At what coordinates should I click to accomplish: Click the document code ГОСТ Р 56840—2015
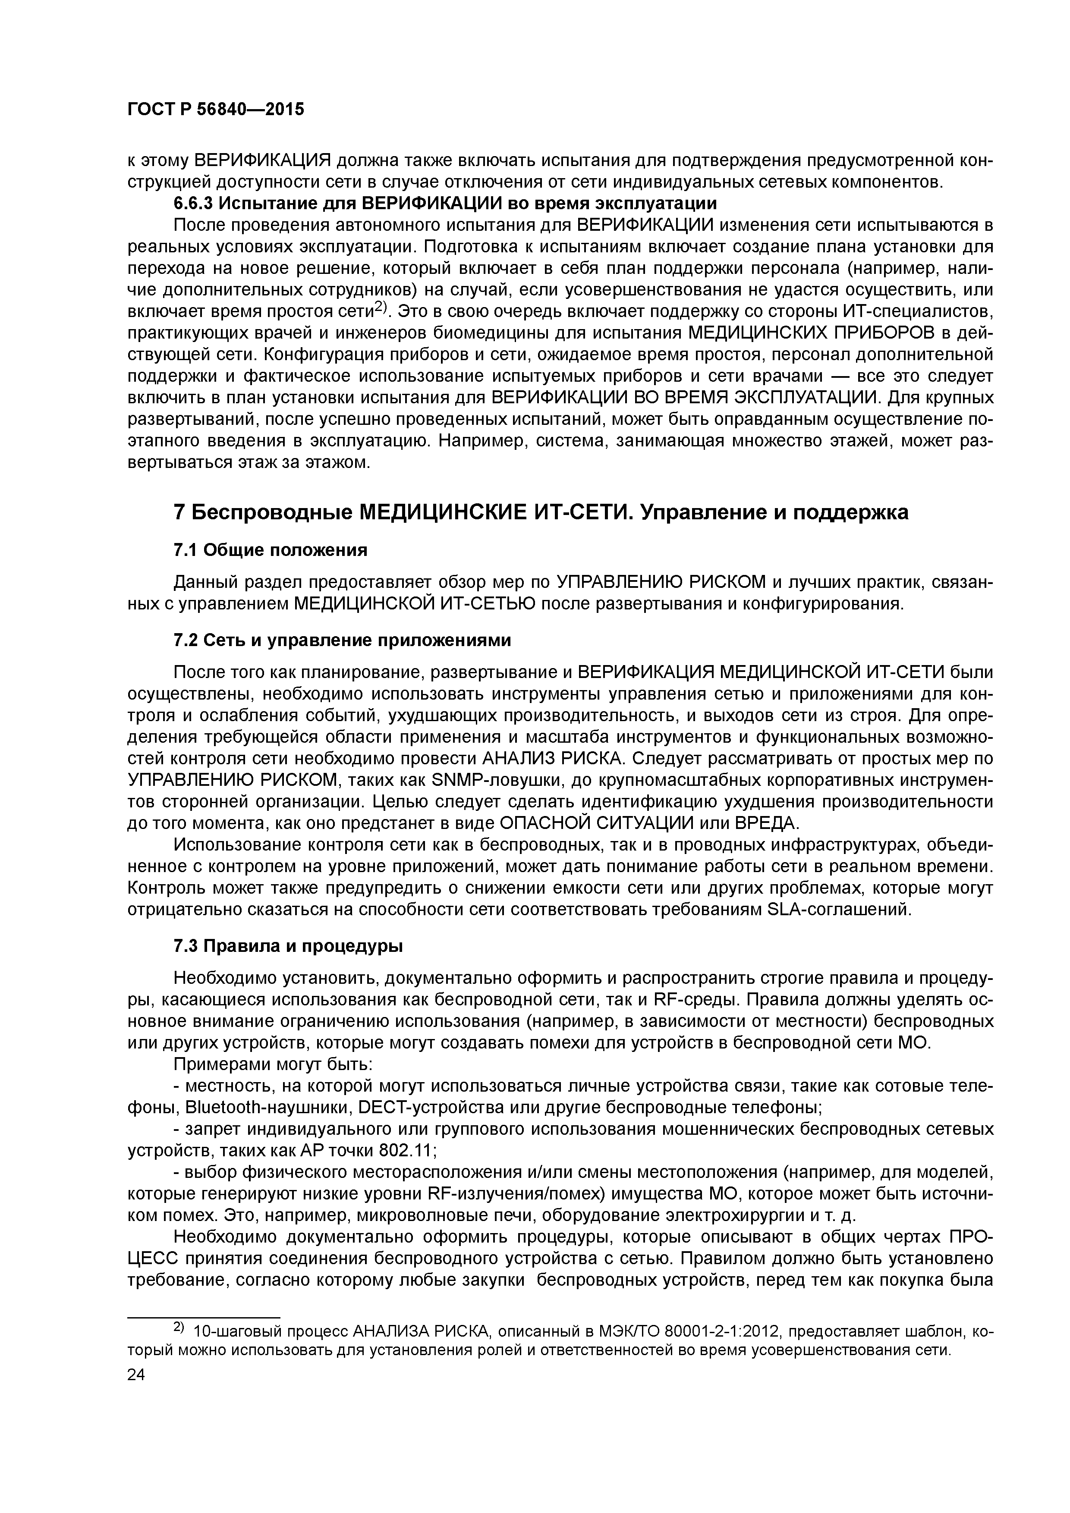click(216, 110)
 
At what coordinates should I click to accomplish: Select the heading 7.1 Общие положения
click(270, 549)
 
